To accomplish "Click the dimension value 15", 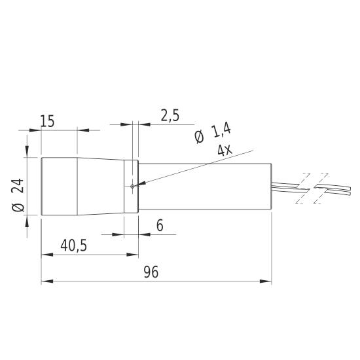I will pyautogui.click(x=47, y=121).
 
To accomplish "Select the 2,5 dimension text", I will pyautogui.click(x=170, y=116).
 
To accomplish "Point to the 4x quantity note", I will pyautogui.click(x=225, y=151).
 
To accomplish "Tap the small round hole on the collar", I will pyautogui.click(x=132, y=187).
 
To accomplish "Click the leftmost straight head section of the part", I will pyautogui.click(x=60, y=187).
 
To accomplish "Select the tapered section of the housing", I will pyautogui.click(x=101, y=187).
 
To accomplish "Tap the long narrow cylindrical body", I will pyautogui.click(x=206, y=187).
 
